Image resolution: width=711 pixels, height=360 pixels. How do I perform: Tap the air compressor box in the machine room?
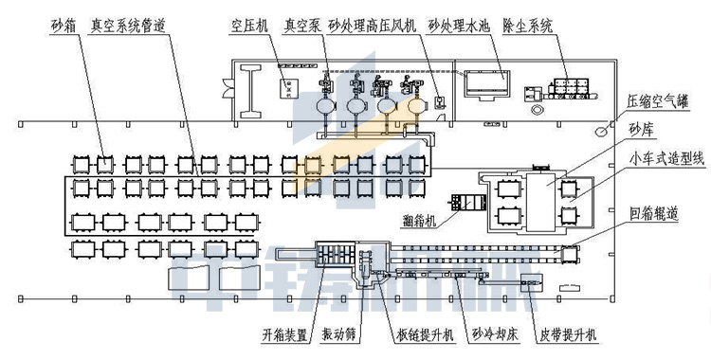tap(287, 88)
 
